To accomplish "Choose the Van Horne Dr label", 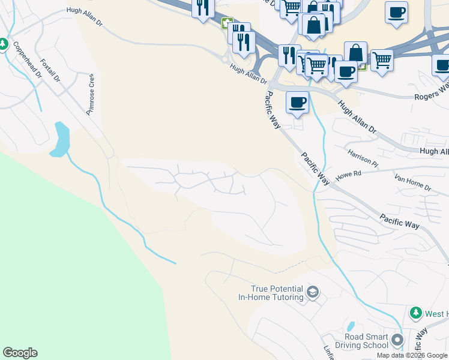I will click(x=413, y=182).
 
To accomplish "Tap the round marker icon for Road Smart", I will click(x=397, y=341).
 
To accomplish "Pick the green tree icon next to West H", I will click(x=415, y=313).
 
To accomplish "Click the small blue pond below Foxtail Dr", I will click(x=60, y=140).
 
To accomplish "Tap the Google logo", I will click(x=20, y=353).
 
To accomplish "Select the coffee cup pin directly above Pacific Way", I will click(x=297, y=103).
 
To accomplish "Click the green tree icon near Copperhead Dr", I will click(x=3, y=44).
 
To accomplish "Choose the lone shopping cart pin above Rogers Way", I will click(x=382, y=60).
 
